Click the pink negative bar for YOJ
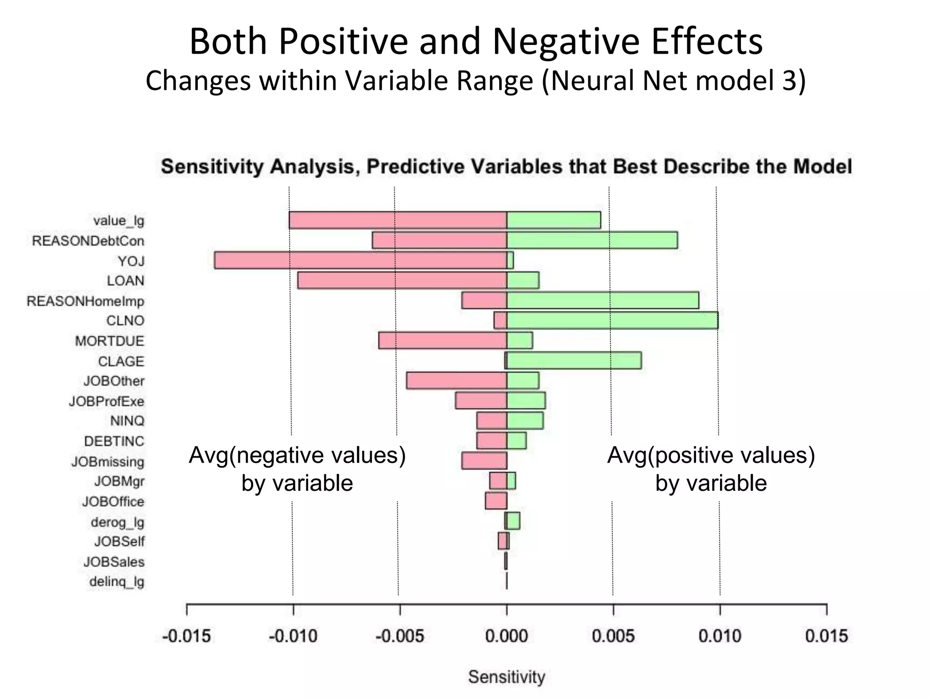360,260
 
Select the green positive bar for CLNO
612,320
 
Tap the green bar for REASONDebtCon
592,240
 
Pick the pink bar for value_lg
398,220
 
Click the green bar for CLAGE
574,360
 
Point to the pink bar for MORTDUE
442,340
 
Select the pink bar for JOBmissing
484,461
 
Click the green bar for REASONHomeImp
602,300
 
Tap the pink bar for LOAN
402,280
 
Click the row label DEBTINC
114,441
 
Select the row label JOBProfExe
106,401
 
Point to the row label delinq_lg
117,582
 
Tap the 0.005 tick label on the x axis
613,636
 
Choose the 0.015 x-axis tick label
826,636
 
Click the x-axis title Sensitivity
506,677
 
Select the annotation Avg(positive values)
711,455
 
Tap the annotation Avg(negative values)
297,455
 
